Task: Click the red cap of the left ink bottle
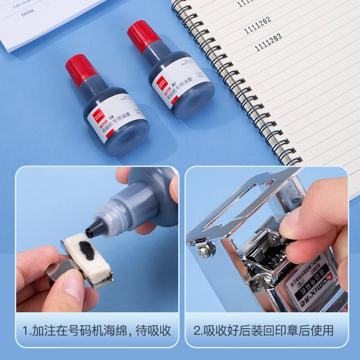[x=81, y=70]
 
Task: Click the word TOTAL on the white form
[x=27, y=14]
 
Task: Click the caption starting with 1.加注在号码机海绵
[x=97, y=331]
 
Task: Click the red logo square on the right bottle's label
[x=160, y=82]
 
